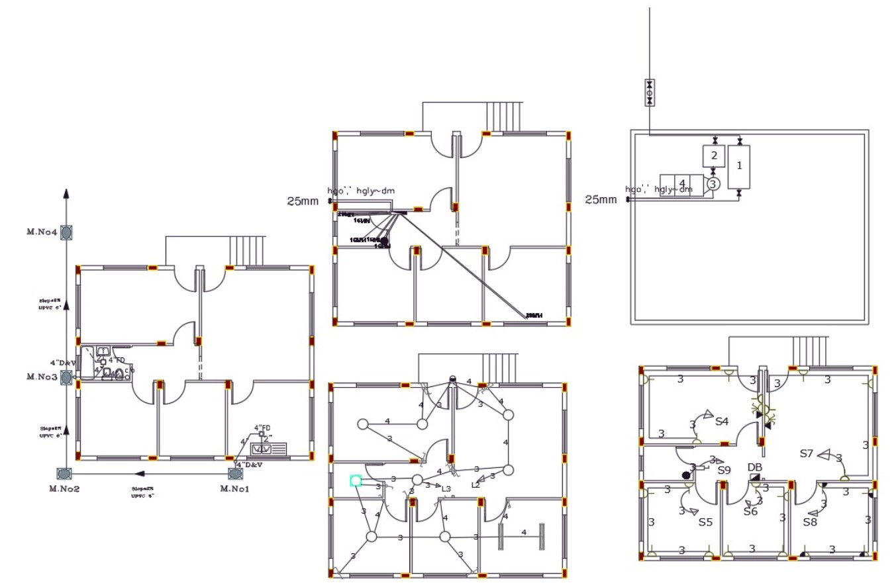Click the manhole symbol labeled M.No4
(x=66, y=232)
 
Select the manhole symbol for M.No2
(x=64, y=473)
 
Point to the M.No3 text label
(x=42, y=377)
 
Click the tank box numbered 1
(x=739, y=166)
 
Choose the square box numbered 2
(x=713, y=156)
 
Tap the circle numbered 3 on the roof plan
(x=712, y=184)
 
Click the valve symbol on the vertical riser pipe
(x=649, y=93)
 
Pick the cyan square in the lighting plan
(x=356, y=480)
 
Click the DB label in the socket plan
(x=755, y=467)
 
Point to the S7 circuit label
(x=806, y=453)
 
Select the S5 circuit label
(x=705, y=522)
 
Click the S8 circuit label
(x=810, y=522)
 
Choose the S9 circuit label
(x=724, y=470)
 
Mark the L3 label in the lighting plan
(x=446, y=489)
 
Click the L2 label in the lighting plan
(x=475, y=485)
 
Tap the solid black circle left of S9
(x=686, y=474)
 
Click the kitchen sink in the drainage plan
(x=269, y=449)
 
